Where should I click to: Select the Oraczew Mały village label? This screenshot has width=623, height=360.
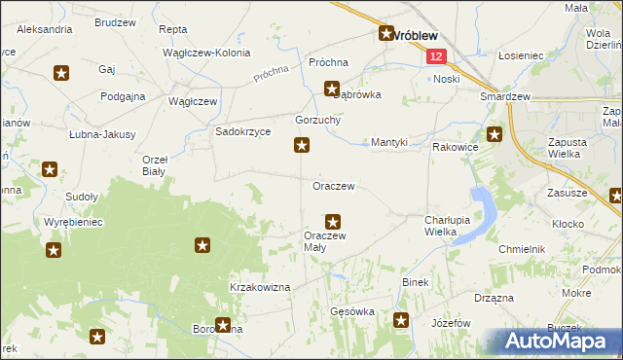click(324, 241)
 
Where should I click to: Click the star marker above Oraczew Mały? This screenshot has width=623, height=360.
click(333, 222)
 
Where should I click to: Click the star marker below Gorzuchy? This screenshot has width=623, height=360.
click(303, 146)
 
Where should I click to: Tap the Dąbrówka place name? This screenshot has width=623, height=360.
click(357, 95)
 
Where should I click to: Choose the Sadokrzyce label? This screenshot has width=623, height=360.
click(242, 132)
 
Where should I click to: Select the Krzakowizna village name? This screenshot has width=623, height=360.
click(260, 287)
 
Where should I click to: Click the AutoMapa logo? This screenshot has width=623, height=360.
click(559, 341)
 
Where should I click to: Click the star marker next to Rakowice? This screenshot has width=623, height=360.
click(495, 135)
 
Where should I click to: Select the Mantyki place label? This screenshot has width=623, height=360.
click(389, 142)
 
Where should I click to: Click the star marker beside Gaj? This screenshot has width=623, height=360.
click(61, 72)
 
